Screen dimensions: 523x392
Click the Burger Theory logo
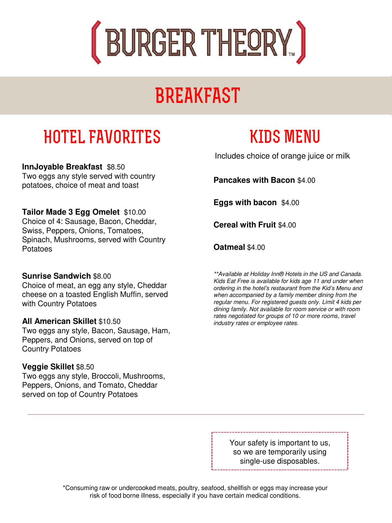click(x=198, y=42)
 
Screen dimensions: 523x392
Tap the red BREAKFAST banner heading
click(x=198, y=95)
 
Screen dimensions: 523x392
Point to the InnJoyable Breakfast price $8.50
click(x=116, y=167)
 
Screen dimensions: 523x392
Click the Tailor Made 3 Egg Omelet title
click(x=71, y=212)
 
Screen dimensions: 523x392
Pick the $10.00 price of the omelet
click(x=135, y=212)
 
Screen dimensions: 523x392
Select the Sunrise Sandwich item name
click(x=56, y=276)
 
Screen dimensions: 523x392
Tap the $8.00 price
click(x=102, y=276)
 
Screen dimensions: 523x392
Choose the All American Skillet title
click(x=59, y=321)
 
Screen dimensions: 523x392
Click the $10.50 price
click(x=109, y=322)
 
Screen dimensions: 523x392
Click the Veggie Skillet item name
click(x=48, y=367)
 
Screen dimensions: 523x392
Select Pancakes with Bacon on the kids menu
click(x=254, y=180)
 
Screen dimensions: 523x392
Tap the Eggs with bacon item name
click(x=245, y=202)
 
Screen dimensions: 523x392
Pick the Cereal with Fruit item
click(x=244, y=225)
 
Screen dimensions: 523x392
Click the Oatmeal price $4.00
click(x=256, y=247)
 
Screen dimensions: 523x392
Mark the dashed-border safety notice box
click(x=280, y=451)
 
